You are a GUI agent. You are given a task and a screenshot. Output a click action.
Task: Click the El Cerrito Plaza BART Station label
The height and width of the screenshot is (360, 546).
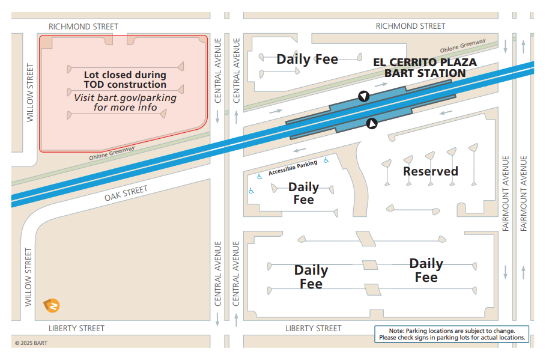pos(425,67)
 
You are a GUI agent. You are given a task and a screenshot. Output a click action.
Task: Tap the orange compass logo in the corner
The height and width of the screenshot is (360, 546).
pos(52,305)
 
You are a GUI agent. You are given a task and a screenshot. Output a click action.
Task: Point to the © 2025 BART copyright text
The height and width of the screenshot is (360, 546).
pos(31,343)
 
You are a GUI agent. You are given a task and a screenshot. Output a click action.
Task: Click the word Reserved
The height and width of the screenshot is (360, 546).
pos(430,171)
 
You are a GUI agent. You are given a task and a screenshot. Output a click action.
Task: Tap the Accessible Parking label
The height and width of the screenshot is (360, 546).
pos(293,168)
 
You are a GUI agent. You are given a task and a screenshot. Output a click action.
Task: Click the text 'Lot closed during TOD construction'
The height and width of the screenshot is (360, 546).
pos(125,80)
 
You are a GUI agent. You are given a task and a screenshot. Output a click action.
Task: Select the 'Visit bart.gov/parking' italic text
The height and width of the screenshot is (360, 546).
pos(125,102)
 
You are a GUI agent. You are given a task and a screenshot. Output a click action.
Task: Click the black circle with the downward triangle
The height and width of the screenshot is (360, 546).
pos(363,96)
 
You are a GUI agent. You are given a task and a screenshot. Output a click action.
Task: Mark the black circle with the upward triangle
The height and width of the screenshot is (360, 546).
pos(372,123)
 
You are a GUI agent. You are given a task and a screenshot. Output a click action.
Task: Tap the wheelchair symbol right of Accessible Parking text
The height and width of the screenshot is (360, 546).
pos(326,160)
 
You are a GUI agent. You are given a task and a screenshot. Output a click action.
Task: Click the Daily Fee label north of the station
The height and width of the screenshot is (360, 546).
pos(307,59)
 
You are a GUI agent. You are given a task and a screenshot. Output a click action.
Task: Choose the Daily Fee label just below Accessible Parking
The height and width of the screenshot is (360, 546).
pos(303,193)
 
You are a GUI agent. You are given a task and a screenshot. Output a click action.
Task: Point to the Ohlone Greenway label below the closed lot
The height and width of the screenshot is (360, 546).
pos(112,153)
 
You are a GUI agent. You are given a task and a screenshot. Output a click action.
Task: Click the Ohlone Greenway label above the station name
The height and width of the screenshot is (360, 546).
pos(463,46)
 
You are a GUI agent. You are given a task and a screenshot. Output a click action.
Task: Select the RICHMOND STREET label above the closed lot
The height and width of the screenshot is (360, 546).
pos(83,26)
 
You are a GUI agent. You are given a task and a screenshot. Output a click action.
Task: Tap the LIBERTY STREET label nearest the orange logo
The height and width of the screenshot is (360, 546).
pos(76,328)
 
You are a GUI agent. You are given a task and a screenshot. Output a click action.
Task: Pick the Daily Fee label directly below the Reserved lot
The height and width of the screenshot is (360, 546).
pos(426,270)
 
